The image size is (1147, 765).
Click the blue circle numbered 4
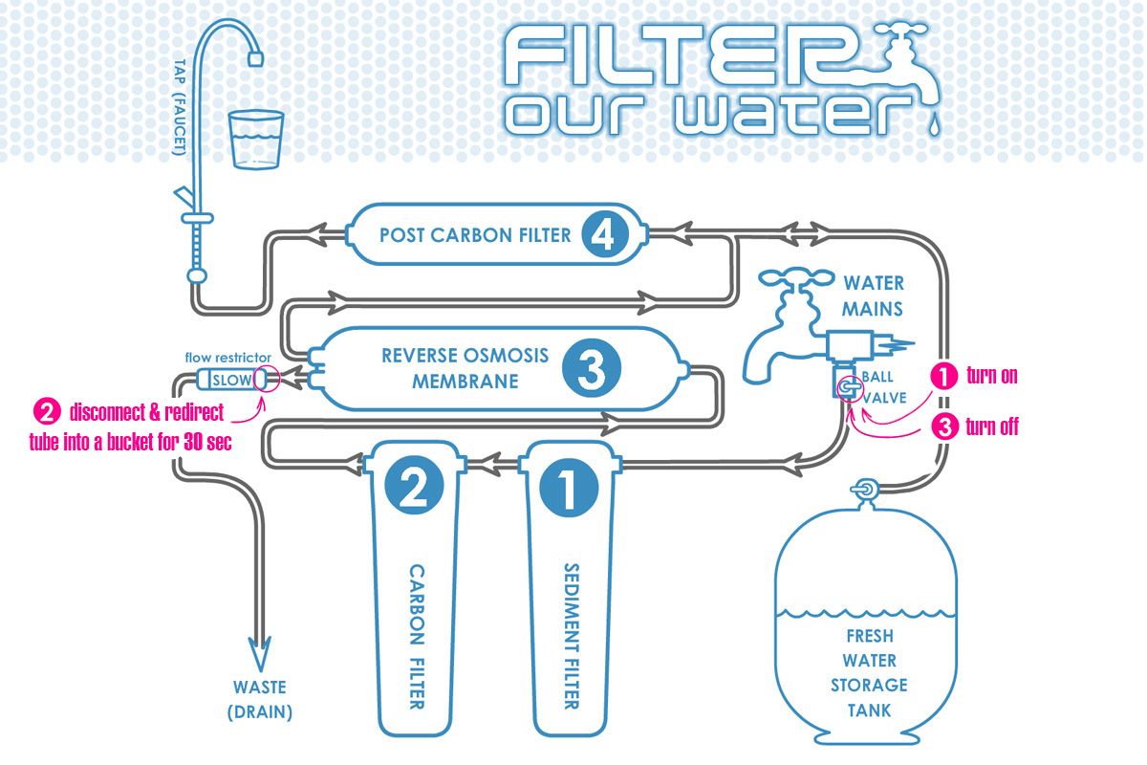605,235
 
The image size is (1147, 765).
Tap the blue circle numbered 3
592,368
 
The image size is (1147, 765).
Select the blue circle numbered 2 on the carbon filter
414,485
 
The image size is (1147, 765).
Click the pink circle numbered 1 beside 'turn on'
943,376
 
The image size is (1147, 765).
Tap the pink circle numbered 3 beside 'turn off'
944,426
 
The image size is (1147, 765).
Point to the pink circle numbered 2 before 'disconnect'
47,412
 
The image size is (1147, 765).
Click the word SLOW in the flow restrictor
232,381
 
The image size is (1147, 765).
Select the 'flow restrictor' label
227,357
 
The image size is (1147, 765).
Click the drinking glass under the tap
255,139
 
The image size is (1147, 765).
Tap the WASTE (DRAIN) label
260,699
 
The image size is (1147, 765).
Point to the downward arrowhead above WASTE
260,654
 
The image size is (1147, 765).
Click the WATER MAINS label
873,295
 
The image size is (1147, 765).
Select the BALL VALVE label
884,387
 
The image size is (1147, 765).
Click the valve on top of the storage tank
865,490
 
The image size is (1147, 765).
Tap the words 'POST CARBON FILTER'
475,235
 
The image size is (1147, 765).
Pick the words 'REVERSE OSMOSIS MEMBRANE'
465,368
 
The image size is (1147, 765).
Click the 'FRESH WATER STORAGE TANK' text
869,673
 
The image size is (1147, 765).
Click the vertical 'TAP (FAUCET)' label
181,107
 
